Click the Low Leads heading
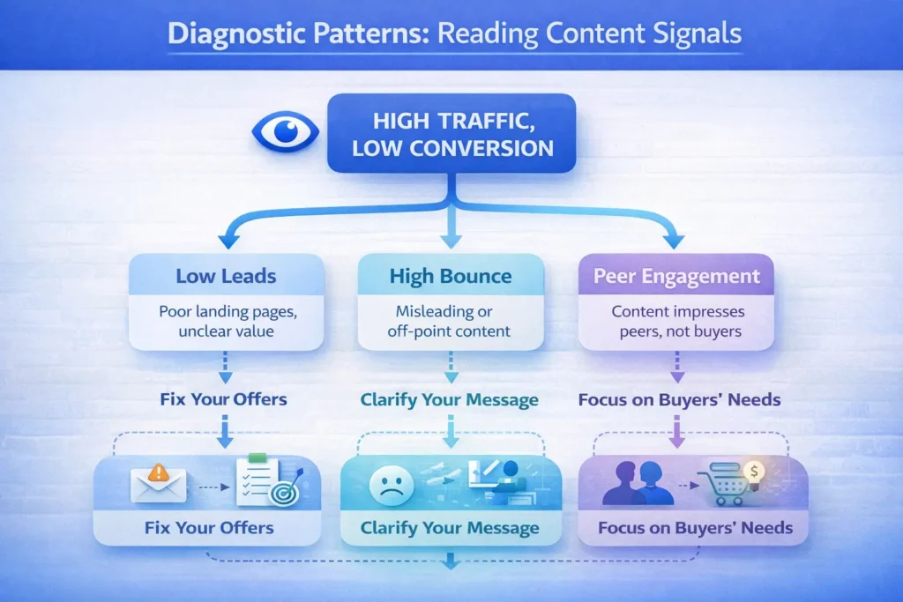tap(226, 277)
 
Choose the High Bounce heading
tap(451, 277)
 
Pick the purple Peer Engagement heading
tap(677, 277)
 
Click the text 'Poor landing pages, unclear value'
tap(226, 322)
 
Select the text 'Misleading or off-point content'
tap(451, 322)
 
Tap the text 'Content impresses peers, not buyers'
tap(677, 322)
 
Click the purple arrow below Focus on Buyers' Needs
tap(677, 429)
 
